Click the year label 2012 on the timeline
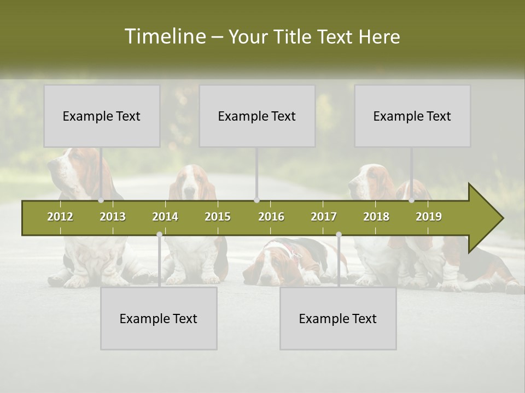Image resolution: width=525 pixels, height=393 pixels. coord(60,217)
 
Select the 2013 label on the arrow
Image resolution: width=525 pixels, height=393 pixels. coord(113,217)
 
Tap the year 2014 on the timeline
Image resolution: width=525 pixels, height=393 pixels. coord(165,217)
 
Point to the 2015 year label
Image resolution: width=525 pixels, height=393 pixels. coord(218,217)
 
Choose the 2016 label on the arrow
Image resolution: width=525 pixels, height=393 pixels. coord(271,217)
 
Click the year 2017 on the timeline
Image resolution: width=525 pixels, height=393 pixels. coord(324,217)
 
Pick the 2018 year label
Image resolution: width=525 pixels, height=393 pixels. coord(376,217)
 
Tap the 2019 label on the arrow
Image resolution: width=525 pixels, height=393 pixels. coord(429,217)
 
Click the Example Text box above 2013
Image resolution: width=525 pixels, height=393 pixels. coord(102,116)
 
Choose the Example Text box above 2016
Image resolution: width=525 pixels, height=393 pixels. coord(257,116)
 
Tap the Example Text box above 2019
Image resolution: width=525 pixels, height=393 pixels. coord(412,116)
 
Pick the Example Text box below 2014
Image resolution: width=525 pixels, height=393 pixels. coord(159,318)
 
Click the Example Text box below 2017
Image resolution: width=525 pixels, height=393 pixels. coord(338,318)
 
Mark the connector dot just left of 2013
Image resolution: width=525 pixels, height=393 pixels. coord(101,200)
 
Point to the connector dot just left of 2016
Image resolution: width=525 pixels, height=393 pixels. coord(256,200)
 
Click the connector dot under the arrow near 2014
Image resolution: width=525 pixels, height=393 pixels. coord(159,235)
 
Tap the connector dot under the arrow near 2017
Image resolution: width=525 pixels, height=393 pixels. coord(339,235)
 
